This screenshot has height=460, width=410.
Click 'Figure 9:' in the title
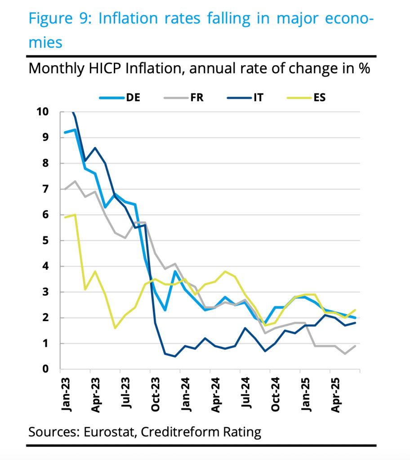coord(60,19)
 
